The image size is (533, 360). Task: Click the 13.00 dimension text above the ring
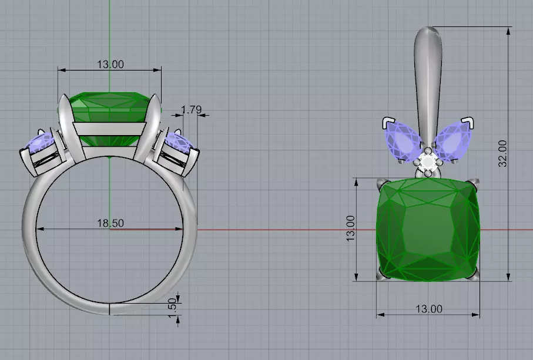[110, 64]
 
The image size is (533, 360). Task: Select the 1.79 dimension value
[192, 109]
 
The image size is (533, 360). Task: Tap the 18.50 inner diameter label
[110, 223]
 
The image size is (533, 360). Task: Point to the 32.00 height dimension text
[502, 153]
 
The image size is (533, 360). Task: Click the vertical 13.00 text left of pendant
[350, 228]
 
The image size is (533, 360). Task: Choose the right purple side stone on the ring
[180, 143]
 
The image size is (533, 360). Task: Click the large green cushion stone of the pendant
[428, 229]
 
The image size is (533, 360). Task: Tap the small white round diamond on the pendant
[428, 162]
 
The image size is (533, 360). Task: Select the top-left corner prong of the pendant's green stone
[381, 183]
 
